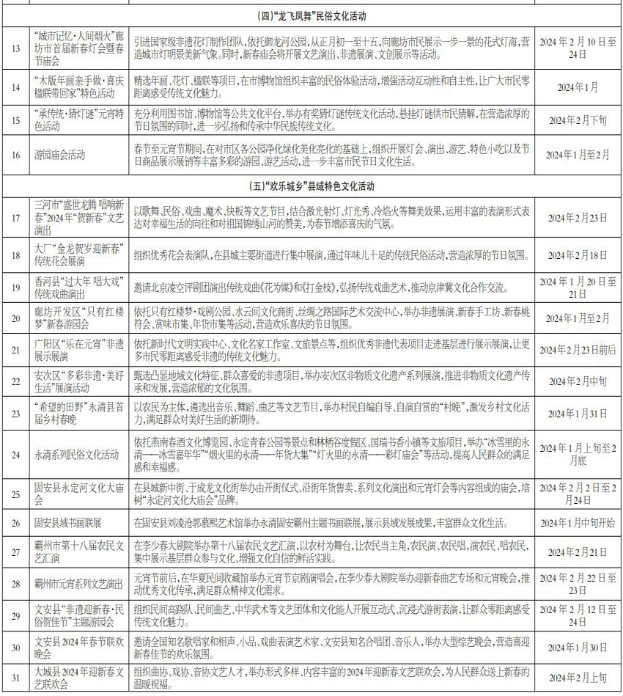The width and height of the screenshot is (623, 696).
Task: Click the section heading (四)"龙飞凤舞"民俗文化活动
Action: (311, 15)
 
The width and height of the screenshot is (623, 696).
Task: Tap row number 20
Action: (15, 318)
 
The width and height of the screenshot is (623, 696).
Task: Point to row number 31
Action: (15, 678)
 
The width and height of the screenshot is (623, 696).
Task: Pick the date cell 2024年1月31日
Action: (578, 413)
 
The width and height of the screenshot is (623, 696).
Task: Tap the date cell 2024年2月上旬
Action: (578, 678)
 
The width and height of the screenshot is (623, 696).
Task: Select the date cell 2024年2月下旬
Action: (578, 120)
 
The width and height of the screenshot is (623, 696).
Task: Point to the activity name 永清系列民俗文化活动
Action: (76, 455)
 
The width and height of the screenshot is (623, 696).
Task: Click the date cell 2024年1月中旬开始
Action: (578, 523)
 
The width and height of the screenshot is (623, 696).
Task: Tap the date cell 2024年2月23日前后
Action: (578, 350)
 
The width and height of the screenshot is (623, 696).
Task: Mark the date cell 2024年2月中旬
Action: (578, 382)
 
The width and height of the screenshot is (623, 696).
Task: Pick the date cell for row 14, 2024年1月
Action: (578, 87)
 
